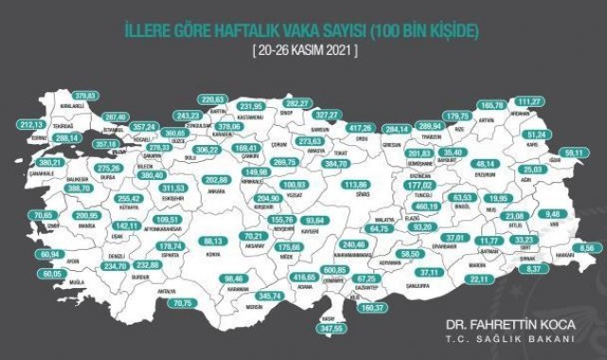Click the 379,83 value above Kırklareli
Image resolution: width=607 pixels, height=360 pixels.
pyautogui.click(x=86, y=96)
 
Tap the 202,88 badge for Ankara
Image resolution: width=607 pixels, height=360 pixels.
pyautogui.click(x=217, y=179)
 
